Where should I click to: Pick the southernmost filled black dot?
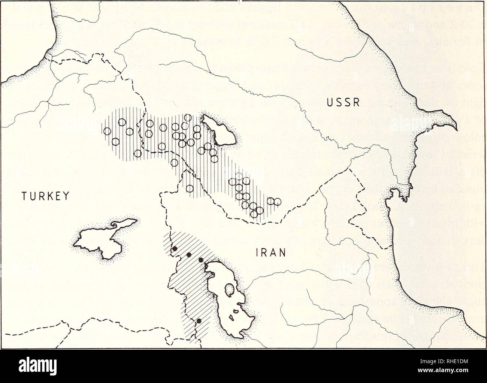tap(199, 320)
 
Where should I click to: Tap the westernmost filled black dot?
tap(174, 248)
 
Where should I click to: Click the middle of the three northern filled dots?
tap(189, 255)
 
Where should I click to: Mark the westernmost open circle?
tap(107, 131)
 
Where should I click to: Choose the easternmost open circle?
tap(277, 202)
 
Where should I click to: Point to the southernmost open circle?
tap(254, 214)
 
